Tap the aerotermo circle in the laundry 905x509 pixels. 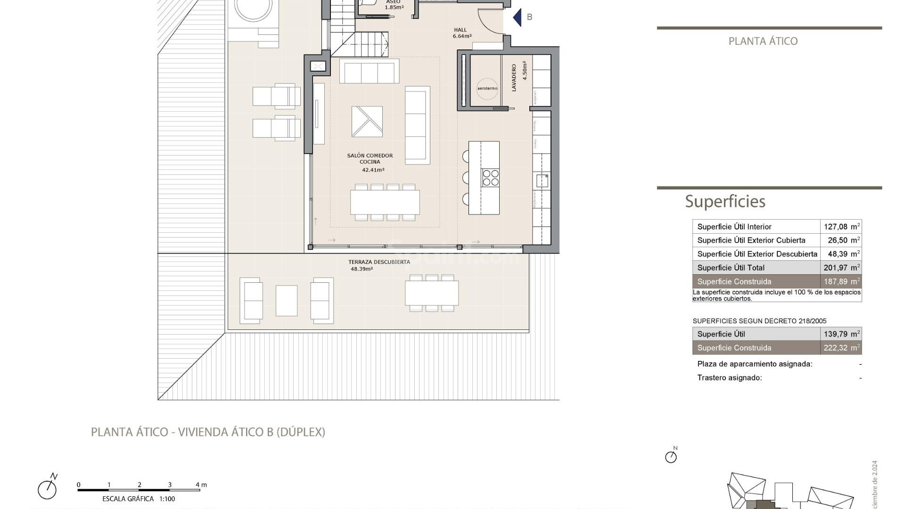[487, 89]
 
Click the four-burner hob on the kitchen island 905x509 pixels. [490, 178]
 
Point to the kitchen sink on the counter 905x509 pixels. [542, 181]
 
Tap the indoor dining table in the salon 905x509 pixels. [385, 202]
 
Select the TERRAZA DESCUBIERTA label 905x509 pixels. [379, 262]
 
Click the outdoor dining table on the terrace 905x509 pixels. [432, 293]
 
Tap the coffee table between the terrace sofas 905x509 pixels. [287, 300]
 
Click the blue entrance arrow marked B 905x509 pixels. [518, 17]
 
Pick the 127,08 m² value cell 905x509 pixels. [841, 227]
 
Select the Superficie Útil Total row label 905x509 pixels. [731, 268]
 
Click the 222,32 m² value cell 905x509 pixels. [841, 348]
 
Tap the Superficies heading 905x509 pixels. [725, 201]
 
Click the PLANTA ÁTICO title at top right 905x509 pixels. [763, 41]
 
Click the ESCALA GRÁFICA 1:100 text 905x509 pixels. [139, 499]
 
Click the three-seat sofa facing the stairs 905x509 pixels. [369, 72]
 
